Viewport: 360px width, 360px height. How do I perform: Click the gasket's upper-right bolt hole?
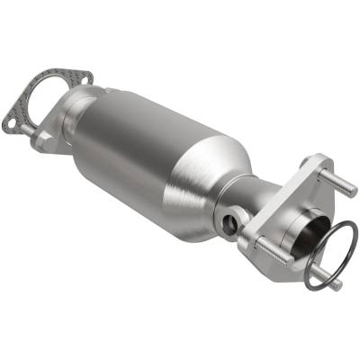pyautogui.click(x=83, y=78)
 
